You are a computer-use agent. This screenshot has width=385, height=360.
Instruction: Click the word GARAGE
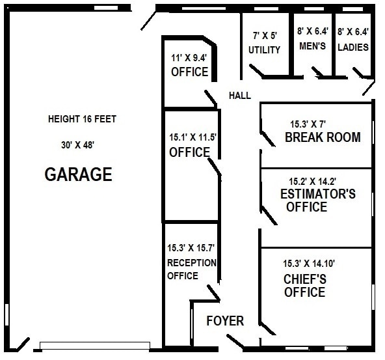coord(78,174)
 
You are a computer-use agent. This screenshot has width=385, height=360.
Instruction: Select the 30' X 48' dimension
coord(77,145)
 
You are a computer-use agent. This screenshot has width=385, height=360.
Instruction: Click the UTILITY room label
coord(265,49)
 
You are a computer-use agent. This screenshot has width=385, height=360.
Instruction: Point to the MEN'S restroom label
coord(312,47)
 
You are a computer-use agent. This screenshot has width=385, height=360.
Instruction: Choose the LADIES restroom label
coord(353,47)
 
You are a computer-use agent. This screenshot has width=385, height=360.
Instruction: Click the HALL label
coord(239,96)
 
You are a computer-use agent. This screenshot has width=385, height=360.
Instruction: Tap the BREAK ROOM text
coord(323,137)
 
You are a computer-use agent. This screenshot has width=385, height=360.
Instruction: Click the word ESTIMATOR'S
coord(317,194)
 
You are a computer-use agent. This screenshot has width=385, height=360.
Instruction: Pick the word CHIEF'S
coord(304,279)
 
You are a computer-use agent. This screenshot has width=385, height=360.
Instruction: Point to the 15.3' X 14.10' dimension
coord(309,264)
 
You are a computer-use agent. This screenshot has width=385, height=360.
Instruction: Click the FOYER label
coord(225,321)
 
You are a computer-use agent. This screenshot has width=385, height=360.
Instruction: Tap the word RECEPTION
coord(191,263)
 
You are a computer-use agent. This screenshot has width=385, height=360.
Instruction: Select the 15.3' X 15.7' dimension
coord(191,248)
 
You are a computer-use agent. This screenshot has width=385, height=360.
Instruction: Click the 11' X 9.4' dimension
coord(189,58)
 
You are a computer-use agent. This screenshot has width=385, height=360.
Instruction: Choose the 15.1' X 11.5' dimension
coord(192,138)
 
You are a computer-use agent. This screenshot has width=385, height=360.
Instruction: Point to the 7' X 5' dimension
coord(265,36)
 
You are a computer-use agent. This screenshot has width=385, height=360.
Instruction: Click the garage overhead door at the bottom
coord(95,345)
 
